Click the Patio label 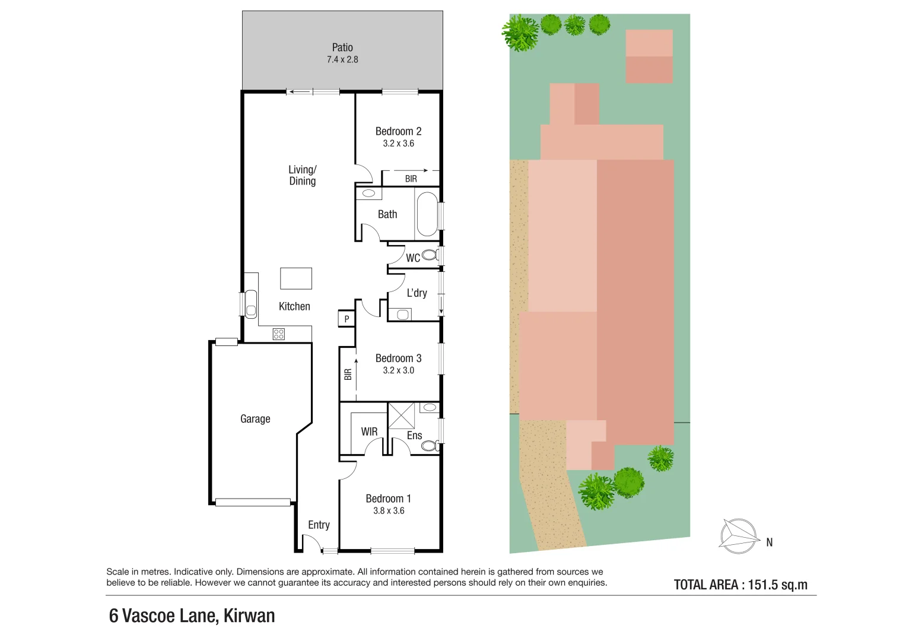(x=342, y=47)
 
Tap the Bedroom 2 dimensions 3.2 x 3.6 (x=398, y=144)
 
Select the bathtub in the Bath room (x=427, y=214)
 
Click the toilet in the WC (x=430, y=255)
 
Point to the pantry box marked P (x=346, y=319)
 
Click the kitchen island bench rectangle (x=296, y=278)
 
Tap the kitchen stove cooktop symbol (x=278, y=334)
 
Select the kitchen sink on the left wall (x=251, y=304)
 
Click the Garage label (x=255, y=419)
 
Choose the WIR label (x=369, y=431)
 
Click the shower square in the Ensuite (x=401, y=415)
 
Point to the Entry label (x=319, y=525)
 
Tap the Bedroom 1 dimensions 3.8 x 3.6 (x=389, y=511)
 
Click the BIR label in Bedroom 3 (x=348, y=375)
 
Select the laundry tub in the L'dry (x=403, y=315)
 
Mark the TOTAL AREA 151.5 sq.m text (x=740, y=585)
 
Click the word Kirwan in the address (x=249, y=616)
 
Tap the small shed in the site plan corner (x=649, y=56)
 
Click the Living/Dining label (x=303, y=176)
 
